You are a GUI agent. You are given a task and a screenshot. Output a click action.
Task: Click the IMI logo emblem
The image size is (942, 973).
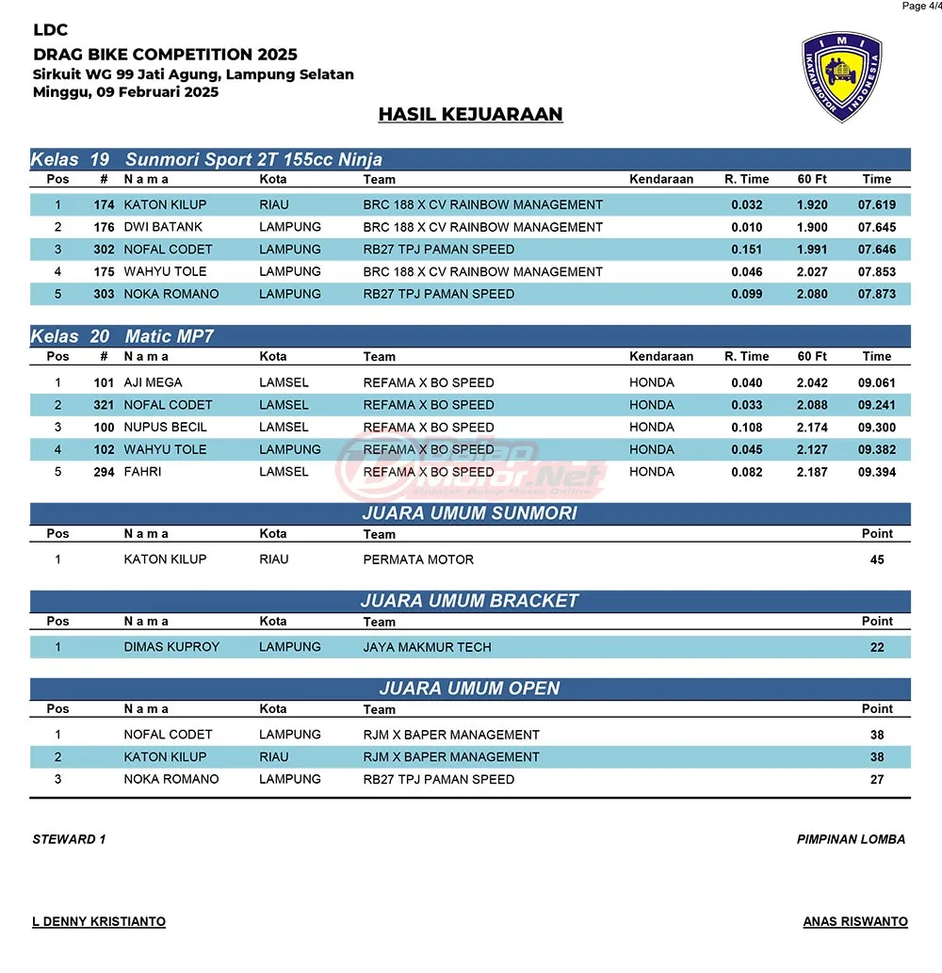pos(841,77)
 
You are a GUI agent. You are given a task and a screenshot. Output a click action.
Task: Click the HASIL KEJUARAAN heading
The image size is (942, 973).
pos(470,114)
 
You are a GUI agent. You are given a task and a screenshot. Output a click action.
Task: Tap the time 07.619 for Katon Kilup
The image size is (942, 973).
pos(876,204)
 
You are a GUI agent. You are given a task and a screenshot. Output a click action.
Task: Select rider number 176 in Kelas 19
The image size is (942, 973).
pos(104,227)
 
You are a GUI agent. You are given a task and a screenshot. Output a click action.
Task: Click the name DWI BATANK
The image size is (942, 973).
pos(163,227)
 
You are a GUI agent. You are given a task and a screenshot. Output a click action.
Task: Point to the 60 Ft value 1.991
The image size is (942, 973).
pos(812,250)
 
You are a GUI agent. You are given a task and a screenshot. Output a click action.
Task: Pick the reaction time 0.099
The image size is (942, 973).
pos(747,294)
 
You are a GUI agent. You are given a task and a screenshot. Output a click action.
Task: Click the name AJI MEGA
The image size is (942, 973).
pos(153,382)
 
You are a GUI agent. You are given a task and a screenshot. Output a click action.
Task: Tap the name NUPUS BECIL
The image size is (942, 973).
pos(165,427)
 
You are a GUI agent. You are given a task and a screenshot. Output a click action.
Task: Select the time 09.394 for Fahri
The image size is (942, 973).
pos(876,472)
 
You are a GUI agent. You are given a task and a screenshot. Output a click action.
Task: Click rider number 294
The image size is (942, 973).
pos(104,472)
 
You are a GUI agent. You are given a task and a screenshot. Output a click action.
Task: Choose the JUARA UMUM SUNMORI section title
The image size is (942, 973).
pos(469,513)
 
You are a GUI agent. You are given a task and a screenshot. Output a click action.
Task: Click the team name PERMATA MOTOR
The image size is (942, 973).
pos(418,559)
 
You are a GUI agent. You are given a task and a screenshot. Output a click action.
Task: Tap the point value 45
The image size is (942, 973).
pos(877,559)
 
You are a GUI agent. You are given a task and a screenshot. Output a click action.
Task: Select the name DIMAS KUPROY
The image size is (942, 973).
pos(171,647)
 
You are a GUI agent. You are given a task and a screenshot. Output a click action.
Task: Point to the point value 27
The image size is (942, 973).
pos(877,779)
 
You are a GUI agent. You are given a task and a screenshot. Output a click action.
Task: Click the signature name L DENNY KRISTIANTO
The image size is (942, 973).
pos(99,921)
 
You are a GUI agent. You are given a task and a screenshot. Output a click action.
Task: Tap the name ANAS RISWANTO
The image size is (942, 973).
pos(855,921)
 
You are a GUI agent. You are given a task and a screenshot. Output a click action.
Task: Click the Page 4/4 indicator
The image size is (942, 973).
pos(919,7)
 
